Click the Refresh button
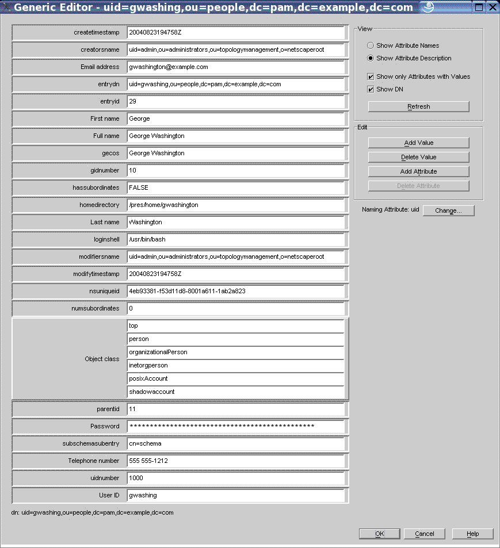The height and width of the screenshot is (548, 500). coord(418,106)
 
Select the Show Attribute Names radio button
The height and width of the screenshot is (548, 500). coord(371,45)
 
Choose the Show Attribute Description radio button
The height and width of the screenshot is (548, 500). coord(371,58)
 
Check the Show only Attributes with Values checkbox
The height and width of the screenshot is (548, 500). coord(371,76)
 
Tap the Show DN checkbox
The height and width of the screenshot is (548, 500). coord(371,89)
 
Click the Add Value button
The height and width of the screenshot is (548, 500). coord(418,143)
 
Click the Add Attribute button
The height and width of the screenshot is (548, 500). coord(418,171)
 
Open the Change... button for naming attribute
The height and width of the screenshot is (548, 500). coord(448,210)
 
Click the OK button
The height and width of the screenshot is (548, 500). coord(379,534)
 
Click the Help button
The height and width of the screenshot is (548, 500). coord(472,534)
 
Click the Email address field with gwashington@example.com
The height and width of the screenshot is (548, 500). coord(235,67)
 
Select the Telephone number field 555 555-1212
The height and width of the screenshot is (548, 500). coord(235,461)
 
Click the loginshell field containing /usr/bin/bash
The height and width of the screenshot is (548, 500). coord(235,239)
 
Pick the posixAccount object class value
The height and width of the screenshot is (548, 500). coord(235,378)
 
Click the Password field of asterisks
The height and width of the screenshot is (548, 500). coord(235,426)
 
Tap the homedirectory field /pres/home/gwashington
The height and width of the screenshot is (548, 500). coord(235,205)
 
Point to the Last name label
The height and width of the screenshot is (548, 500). coord(105,222)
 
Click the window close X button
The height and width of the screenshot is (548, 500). coord(493,7)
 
